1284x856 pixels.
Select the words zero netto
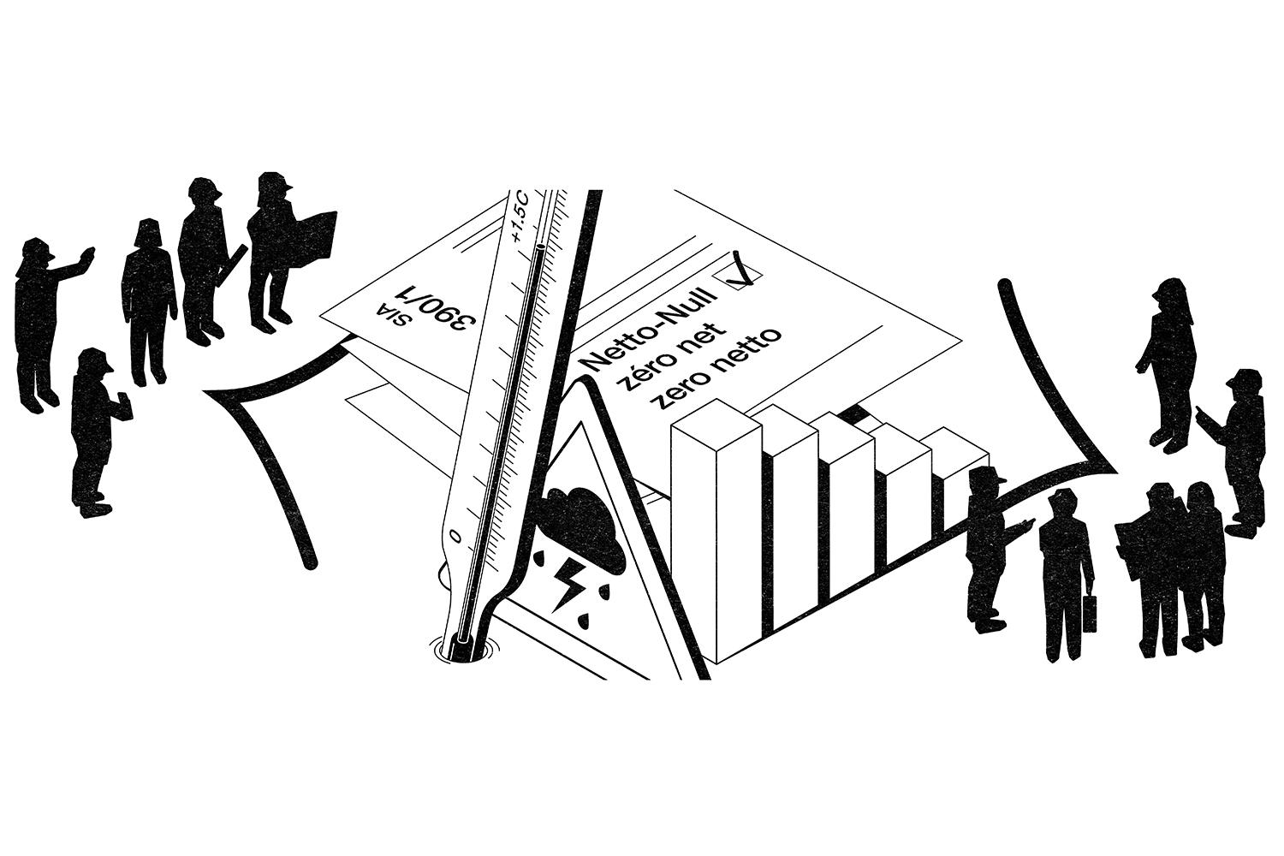click(717, 366)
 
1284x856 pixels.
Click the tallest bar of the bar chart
click(715, 531)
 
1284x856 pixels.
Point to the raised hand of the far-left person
click(86, 255)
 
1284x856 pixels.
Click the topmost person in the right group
click(1167, 360)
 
